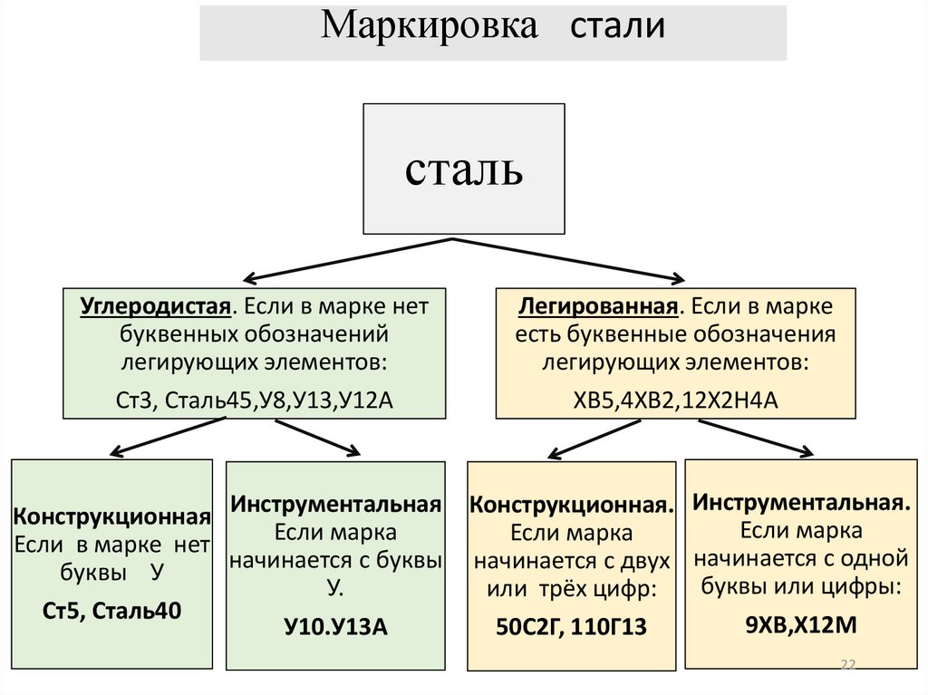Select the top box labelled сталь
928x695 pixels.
pos(463,169)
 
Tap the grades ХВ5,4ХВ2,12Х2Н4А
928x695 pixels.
pos(676,396)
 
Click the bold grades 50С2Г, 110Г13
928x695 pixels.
pos(571,626)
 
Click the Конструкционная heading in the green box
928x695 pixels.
pos(112,517)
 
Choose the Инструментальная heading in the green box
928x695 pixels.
pos(335,503)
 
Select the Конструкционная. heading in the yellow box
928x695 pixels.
pos(572,505)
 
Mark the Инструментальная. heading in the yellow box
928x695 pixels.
pos(801,502)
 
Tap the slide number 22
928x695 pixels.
pos(848,666)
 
